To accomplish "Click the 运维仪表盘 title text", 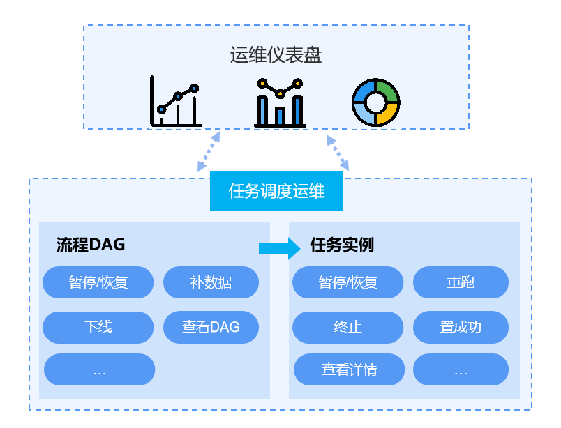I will [x=276, y=55].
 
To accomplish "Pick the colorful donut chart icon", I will [x=375, y=102].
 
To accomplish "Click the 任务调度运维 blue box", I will [x=276, y=191].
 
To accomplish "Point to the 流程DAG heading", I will [x=90, y=245].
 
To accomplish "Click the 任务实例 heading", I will [x=342, y=245].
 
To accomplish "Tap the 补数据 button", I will [x=211, y=282].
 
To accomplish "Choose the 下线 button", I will [x=98, y=327].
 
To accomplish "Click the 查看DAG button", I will [x=211, y=327].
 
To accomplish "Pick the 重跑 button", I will [x=461, y=282].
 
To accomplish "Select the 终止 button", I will [x=347, y=327].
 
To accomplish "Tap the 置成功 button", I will [x=461, y=327].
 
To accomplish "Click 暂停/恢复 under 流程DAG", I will [x=98, y=282].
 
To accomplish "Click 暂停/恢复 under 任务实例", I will [x=347, y=282].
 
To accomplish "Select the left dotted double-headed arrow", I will [x=209, y=151].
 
